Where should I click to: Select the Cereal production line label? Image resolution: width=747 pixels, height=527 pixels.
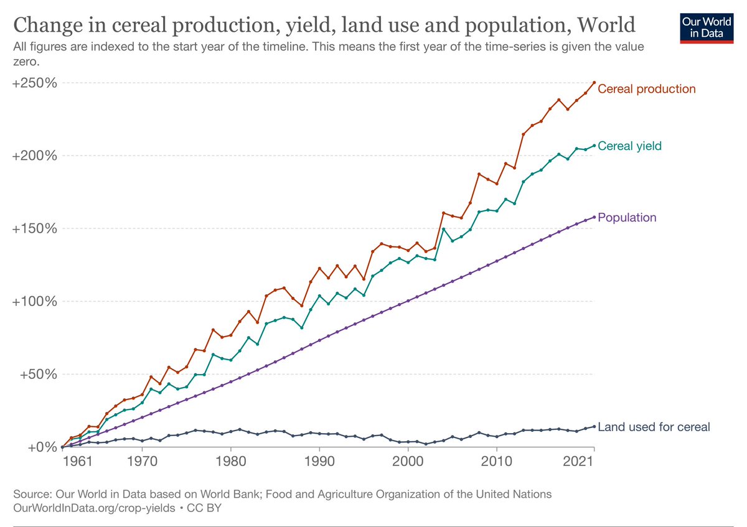646,89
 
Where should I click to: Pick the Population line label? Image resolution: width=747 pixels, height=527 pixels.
627,218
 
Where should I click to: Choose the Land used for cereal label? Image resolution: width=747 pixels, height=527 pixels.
654,427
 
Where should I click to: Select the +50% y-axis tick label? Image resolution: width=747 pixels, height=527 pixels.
38,374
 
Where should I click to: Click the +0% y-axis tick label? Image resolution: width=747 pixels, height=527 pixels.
41,447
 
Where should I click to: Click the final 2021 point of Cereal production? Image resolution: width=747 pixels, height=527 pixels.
594,82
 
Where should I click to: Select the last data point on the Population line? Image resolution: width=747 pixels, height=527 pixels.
594,217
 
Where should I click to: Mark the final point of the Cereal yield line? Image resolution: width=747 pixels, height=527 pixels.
594,146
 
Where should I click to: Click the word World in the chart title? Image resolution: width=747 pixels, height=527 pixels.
606,26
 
